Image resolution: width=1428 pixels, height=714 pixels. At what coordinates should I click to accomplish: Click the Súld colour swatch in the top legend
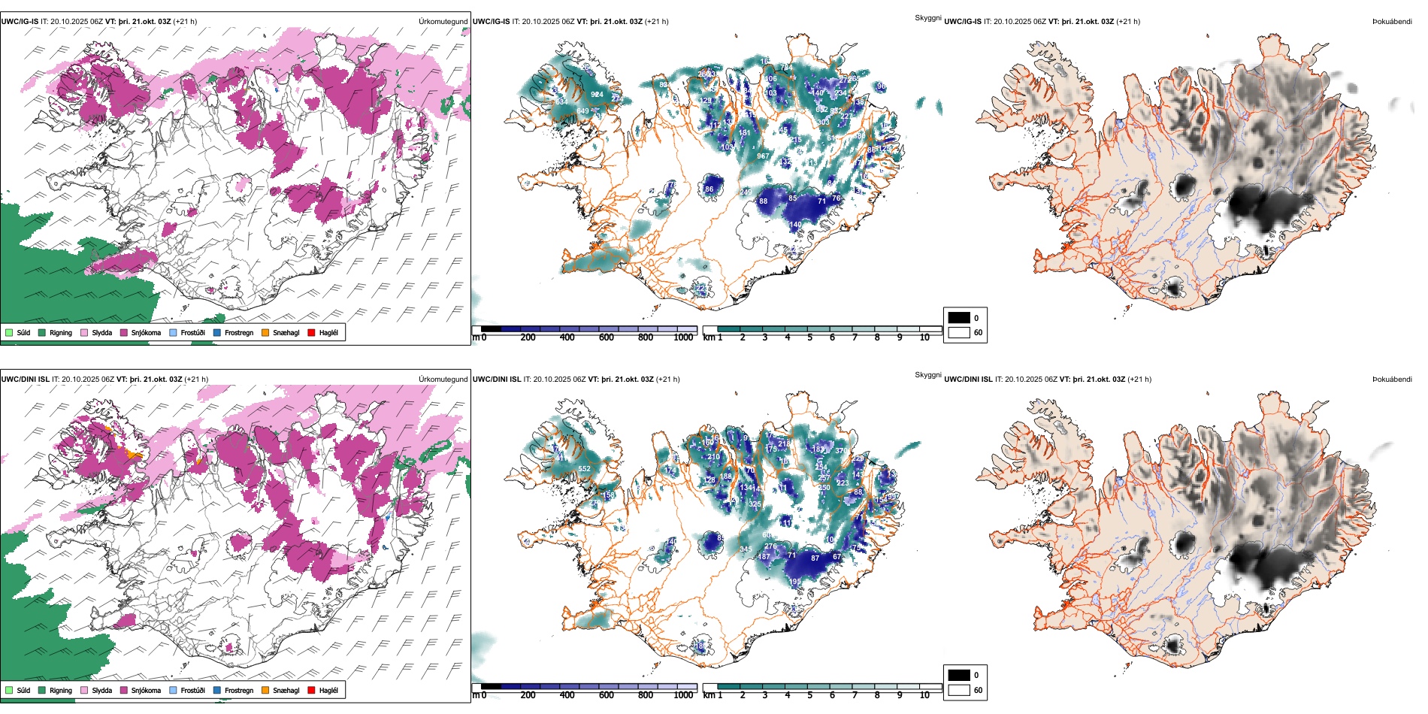[9, 332]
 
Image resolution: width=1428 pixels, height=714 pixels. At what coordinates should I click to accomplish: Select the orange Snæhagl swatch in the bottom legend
[265, 690]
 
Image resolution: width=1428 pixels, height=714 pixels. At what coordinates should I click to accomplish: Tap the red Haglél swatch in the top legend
[311, 332]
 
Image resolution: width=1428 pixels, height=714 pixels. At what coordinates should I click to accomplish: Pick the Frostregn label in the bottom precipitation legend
[238, 690]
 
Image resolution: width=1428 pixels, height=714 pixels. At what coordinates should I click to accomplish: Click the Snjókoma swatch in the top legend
[124, 332]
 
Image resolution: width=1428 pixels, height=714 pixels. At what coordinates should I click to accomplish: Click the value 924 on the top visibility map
[597, 95]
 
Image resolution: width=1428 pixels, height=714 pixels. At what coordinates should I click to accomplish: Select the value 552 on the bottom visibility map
[584, 469]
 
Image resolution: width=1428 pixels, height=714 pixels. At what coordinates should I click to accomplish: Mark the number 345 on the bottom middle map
[745, 549]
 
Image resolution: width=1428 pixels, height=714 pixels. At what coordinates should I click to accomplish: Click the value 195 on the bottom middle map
[795, 582]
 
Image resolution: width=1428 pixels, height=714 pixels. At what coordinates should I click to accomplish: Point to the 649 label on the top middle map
[583, 112]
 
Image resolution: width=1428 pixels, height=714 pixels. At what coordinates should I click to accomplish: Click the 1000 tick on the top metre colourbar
[683, 337]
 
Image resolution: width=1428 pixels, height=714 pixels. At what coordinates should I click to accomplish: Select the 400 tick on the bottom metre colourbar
[567, 695]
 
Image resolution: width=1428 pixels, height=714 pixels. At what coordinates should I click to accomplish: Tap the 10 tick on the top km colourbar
[924, 337]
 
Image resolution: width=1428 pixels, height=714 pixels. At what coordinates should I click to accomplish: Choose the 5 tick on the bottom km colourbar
[809, 695]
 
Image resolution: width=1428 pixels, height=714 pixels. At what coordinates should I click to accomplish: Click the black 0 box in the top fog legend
[959, 318]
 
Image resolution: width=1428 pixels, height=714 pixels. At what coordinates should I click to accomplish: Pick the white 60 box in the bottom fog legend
[959, 690]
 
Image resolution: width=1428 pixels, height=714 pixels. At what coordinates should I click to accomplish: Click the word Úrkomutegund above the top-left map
[443, 22]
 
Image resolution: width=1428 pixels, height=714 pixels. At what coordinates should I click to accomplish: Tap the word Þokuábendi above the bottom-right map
[1392, 380]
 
